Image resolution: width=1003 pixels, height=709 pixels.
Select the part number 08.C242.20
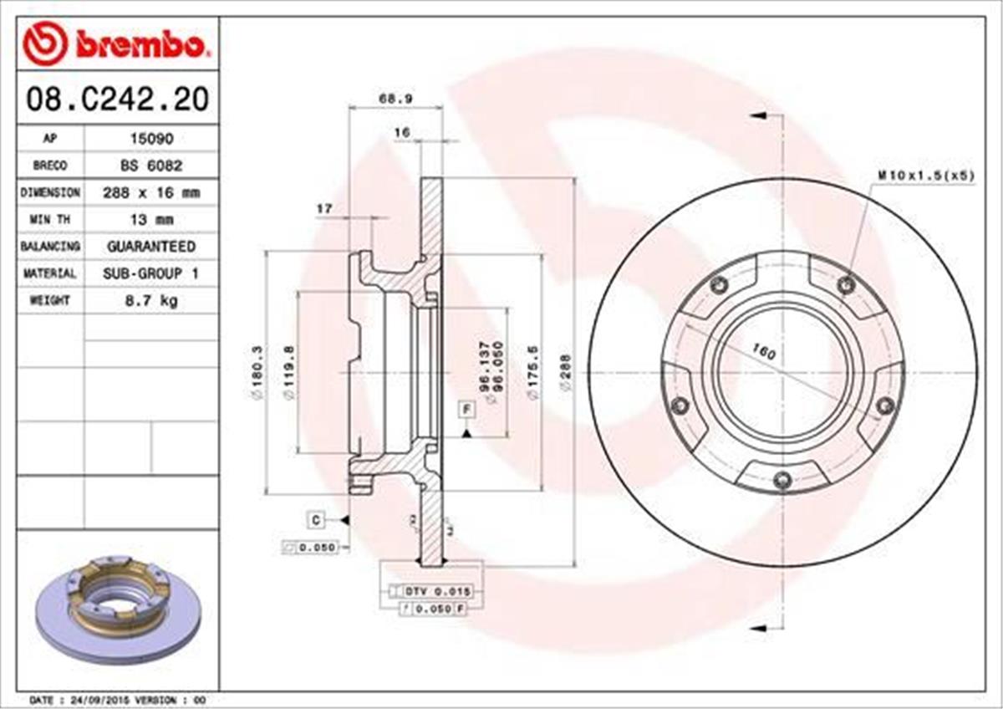(x=117, y=100)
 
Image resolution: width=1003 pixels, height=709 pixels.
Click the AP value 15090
(x=150, y=139)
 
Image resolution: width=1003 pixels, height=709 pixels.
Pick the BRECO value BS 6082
(x=150, y=166)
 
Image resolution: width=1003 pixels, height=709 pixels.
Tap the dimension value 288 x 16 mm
(x=150, y=192)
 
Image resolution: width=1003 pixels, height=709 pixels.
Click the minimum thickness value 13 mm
(x=150, y=219)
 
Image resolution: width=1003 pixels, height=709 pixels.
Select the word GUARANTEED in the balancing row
(x=150, y=246)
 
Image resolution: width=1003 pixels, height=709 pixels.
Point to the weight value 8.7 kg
(x=150, y=299)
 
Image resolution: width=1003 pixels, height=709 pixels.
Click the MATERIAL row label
(x=50, y=273)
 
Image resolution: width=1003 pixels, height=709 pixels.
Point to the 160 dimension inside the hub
(x=763, y=353)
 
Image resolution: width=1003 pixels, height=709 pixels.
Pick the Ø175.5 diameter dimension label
(x=532, y=373)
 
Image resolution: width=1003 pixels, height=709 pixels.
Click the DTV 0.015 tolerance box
(x=438, y=591)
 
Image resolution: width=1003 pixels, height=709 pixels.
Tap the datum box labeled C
(x=316, y=520)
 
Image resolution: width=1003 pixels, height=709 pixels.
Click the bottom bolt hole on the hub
(x=782, y=479)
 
